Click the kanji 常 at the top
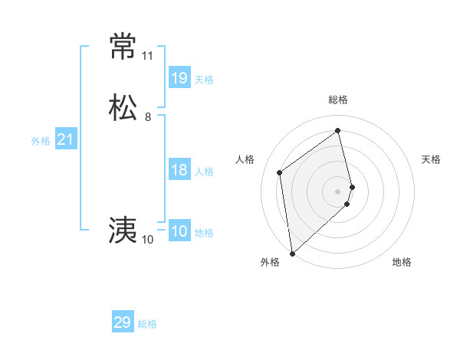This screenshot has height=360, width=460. coord(123,46)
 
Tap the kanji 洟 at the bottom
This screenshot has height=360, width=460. coord(123,230)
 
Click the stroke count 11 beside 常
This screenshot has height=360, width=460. coord(147,56)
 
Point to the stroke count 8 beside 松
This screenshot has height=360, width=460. coord(148,117)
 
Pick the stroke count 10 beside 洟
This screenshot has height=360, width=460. coord(147,240)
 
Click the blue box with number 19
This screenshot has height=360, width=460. coord(179,77)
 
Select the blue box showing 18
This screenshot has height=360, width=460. coord(179,170)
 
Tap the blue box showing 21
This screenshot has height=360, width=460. coord(66,139)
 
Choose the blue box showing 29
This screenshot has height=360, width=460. coord(123,322)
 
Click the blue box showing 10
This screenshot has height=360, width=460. coord(179,231)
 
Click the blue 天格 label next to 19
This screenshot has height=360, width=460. coord(204,79)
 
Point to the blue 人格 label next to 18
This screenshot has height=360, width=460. coord(204,172)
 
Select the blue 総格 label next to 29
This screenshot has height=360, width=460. coord(147,324)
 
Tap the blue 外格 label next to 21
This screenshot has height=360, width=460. coord(41,141)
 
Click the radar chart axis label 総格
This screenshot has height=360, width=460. coord(338,100)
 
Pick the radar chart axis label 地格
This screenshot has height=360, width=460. coord(402,262)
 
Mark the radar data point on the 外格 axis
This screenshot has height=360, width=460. coord(291,253)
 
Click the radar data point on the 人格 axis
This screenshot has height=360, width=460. coord(280,172)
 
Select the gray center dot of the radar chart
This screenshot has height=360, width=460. coord(338,191)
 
